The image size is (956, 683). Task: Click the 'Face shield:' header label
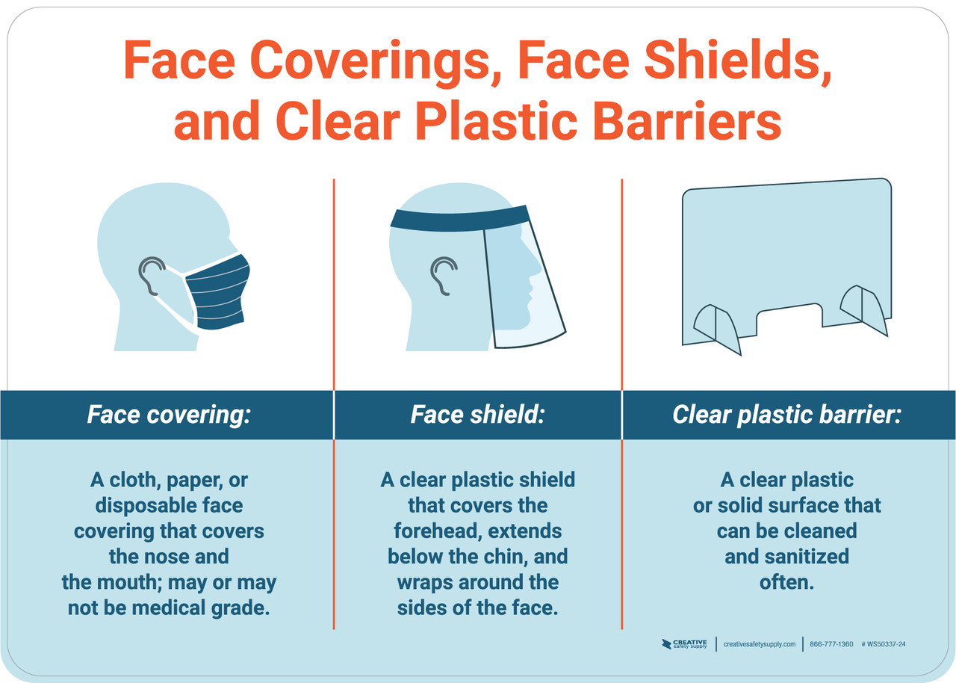click(x=477, y=415)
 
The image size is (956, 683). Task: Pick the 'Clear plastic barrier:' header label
click(x=787, y=415)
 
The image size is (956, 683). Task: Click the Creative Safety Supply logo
click(x=684, y=644)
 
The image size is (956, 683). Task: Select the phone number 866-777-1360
click(x=831, y=644)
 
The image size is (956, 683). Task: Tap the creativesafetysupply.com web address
click(x=760, y=644)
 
